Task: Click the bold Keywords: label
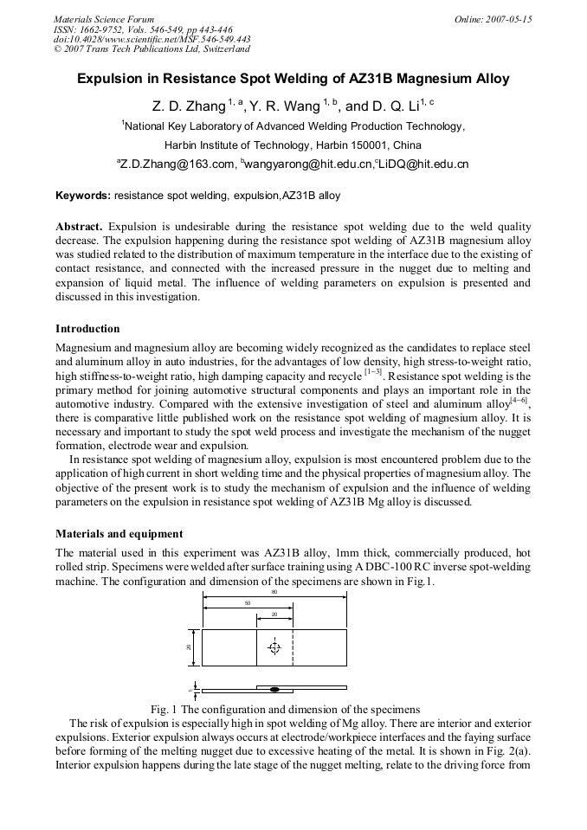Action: point(83,196)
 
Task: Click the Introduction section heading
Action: point(87,329)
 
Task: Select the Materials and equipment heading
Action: point(119,534)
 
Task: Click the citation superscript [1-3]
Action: point(373,370)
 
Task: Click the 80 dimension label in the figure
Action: point(274,592)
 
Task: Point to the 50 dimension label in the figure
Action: point(247,603)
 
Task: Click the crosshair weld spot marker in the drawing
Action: point(274,647)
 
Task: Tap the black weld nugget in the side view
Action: point(274,690)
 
